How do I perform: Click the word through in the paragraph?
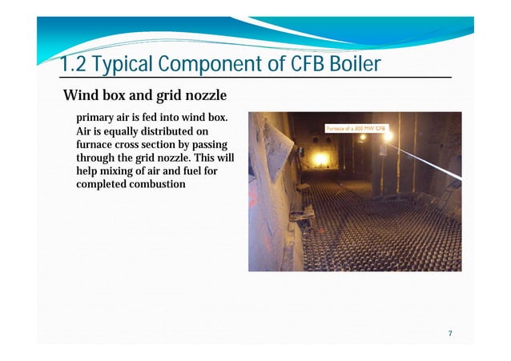[96, 158]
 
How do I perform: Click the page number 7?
[451, 333]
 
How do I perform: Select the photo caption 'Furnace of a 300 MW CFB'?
[356, 126]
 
